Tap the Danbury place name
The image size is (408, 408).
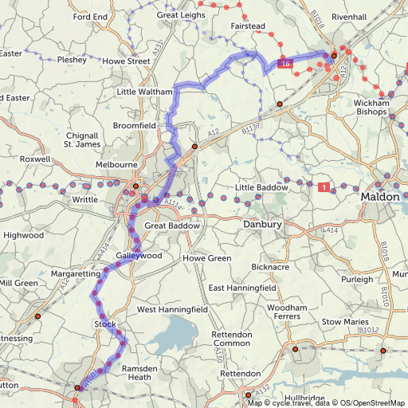[x=262, y=226]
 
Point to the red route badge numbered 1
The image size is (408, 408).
[x=323, y=187]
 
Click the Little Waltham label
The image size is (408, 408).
[x=144, y=92]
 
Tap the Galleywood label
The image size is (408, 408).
[x=139, y=256]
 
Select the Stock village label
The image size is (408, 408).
[x=105, y=324]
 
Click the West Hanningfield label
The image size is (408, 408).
[x=173, y=309]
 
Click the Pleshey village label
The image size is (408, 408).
[x=72, y=59]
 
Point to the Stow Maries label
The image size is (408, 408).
[x=343, y=322]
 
